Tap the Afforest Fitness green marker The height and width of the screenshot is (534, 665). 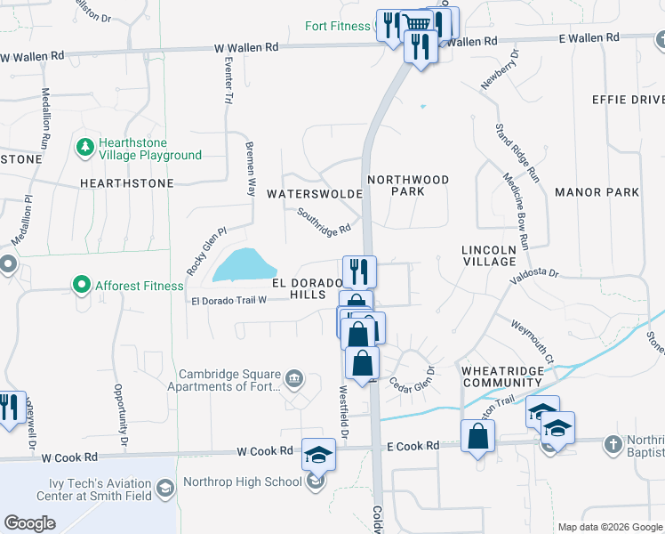tap(82, 285)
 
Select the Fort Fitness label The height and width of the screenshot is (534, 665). tap(337, 26)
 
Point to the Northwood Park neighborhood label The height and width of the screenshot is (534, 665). tap(408, 185)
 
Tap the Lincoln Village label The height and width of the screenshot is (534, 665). tap(489, 255)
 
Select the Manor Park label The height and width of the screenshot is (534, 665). tap(597, 192)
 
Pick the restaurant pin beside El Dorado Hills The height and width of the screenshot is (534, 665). tap(360, 271)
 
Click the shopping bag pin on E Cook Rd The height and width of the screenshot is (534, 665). tap(477, 435)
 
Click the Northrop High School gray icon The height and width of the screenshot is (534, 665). tap(315, 482)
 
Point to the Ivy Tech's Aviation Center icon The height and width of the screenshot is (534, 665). tap(165, 489)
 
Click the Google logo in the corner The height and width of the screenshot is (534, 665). tap(29, 522)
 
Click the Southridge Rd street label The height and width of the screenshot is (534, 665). tap(324, 222)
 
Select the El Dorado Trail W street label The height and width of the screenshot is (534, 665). tap(229, 301)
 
